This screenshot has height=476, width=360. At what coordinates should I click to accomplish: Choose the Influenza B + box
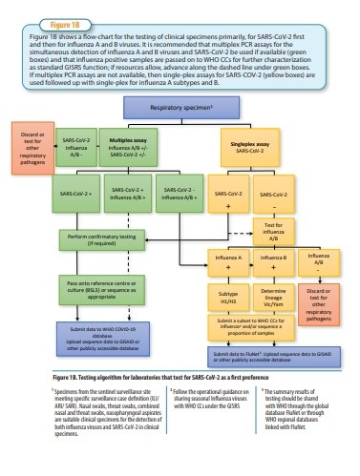point(274,261)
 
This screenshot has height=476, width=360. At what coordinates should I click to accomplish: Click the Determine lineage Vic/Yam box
point(274,299)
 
